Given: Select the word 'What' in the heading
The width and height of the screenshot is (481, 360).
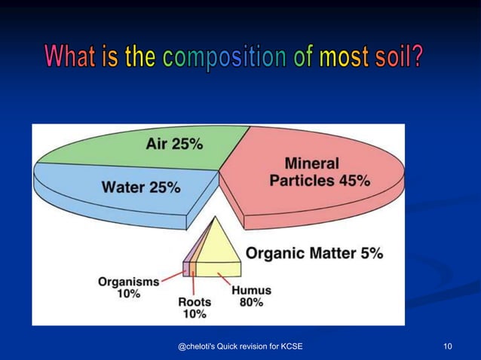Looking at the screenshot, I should [x=71, y=56].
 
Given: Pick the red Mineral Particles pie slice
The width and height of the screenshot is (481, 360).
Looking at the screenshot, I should [x=317, y=196].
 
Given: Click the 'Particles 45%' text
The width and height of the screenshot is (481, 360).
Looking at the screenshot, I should [x=320, y=181].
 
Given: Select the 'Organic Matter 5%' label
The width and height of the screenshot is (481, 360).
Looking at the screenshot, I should [x=314, y=254].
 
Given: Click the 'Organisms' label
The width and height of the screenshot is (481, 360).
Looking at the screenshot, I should [x=128, y=282].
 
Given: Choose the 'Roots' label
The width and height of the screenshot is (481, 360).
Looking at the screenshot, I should [x=195, y=301].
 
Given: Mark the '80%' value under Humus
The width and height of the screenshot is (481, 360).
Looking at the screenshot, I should [x=251, y=302].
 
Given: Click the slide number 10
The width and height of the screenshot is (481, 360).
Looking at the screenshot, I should [x=448, y=346].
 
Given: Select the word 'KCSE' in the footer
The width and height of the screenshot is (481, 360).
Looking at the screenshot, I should [x=290, y=346].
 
